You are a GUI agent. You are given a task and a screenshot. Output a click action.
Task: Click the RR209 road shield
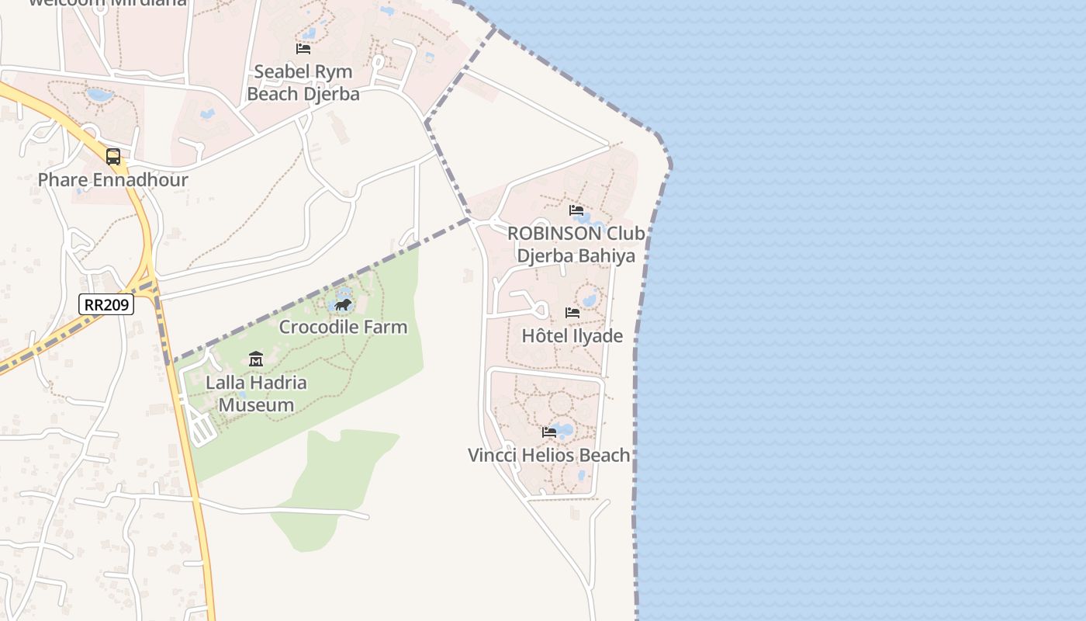(106, 304)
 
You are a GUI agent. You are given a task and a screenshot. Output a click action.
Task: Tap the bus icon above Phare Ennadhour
(113, 157)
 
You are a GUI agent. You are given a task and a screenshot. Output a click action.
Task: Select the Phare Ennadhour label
(113, 180)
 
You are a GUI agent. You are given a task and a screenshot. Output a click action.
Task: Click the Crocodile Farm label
(343, 327)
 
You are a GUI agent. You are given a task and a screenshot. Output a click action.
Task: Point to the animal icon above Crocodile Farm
(343, 304)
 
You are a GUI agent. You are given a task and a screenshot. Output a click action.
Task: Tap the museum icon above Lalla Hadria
(256, 359)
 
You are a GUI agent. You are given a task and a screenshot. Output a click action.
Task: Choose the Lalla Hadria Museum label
(256, 394)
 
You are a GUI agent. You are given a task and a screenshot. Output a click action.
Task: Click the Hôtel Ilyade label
(572, 336)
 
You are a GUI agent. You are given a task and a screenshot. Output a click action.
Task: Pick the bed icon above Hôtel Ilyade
(572, 313)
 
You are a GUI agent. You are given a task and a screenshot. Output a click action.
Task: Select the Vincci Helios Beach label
(549, 455)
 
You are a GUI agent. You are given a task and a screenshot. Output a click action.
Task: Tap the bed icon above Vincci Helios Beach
(549, 432)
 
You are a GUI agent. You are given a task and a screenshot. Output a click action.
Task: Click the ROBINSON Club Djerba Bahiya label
(576, 245)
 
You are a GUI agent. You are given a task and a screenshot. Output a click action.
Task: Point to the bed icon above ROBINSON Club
(576, 210)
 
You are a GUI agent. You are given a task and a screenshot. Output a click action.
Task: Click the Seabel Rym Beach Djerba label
(303, 83)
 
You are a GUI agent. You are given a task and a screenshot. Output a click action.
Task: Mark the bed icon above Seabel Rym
(303, 48)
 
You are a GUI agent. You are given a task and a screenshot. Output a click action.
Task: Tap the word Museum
(256, 405)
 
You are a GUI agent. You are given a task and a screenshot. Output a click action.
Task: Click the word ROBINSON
(555, 234)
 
